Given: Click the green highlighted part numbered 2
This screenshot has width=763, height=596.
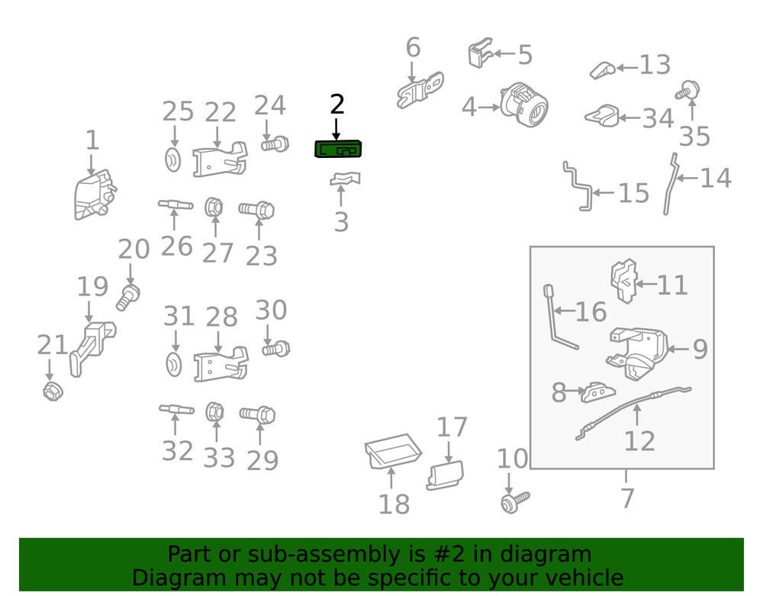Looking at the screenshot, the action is (338, 149).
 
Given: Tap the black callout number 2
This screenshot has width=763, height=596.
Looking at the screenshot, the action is (337, 104).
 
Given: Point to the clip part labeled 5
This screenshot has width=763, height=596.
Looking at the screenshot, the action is (480, 52).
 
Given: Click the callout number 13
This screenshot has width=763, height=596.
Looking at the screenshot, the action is (655, 64).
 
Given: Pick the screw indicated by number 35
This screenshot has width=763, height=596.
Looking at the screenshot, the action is (687, 91).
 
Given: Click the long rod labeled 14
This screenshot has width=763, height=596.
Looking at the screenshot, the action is (670, 184).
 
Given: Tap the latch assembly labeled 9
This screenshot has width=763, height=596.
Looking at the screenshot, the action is (637, 353).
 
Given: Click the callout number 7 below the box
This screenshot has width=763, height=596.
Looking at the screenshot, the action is (627, 498).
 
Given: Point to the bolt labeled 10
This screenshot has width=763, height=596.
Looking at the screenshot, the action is (515, 502).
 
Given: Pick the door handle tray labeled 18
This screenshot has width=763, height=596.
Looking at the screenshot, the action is (393, 451).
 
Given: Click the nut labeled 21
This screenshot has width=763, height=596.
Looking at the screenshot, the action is (53, 391).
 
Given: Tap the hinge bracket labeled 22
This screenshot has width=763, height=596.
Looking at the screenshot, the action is (220, 159).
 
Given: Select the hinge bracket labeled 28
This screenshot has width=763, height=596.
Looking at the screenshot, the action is (221, 364).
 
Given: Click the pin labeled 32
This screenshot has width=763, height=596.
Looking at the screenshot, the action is (177, 409).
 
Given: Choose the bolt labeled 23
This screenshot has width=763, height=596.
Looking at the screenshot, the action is (256, 210).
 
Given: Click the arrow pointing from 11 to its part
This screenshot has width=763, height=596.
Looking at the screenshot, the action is (645, 284).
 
